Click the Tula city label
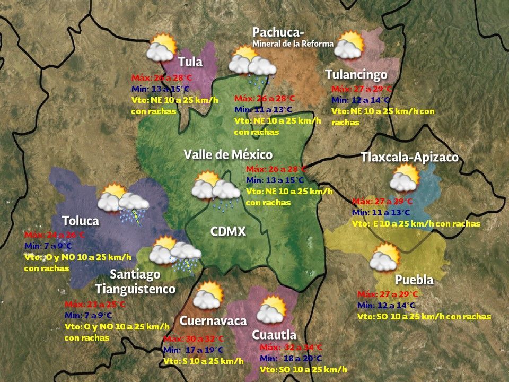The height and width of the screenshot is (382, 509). click(190, 62)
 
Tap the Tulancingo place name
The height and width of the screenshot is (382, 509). click(356, 75)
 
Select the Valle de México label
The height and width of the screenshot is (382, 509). click(228, 154)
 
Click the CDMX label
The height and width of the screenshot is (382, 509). click(228, 232)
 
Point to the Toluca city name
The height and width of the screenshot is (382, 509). click(81, 221)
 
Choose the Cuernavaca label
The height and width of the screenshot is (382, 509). click(213, 321)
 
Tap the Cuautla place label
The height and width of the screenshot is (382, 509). click(274, 335)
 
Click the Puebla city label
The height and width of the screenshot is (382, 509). click(414, 280)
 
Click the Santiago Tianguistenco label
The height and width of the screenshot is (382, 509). click(135, 282)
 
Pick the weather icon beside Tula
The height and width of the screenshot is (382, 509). click(161, 48)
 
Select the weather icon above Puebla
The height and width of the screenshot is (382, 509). click(384, 257)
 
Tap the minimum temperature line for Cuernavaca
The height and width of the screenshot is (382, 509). click(194, 350)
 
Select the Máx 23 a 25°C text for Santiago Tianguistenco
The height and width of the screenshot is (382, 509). click(95, 305)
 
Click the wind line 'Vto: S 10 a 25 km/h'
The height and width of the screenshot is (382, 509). click(203, 361)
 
